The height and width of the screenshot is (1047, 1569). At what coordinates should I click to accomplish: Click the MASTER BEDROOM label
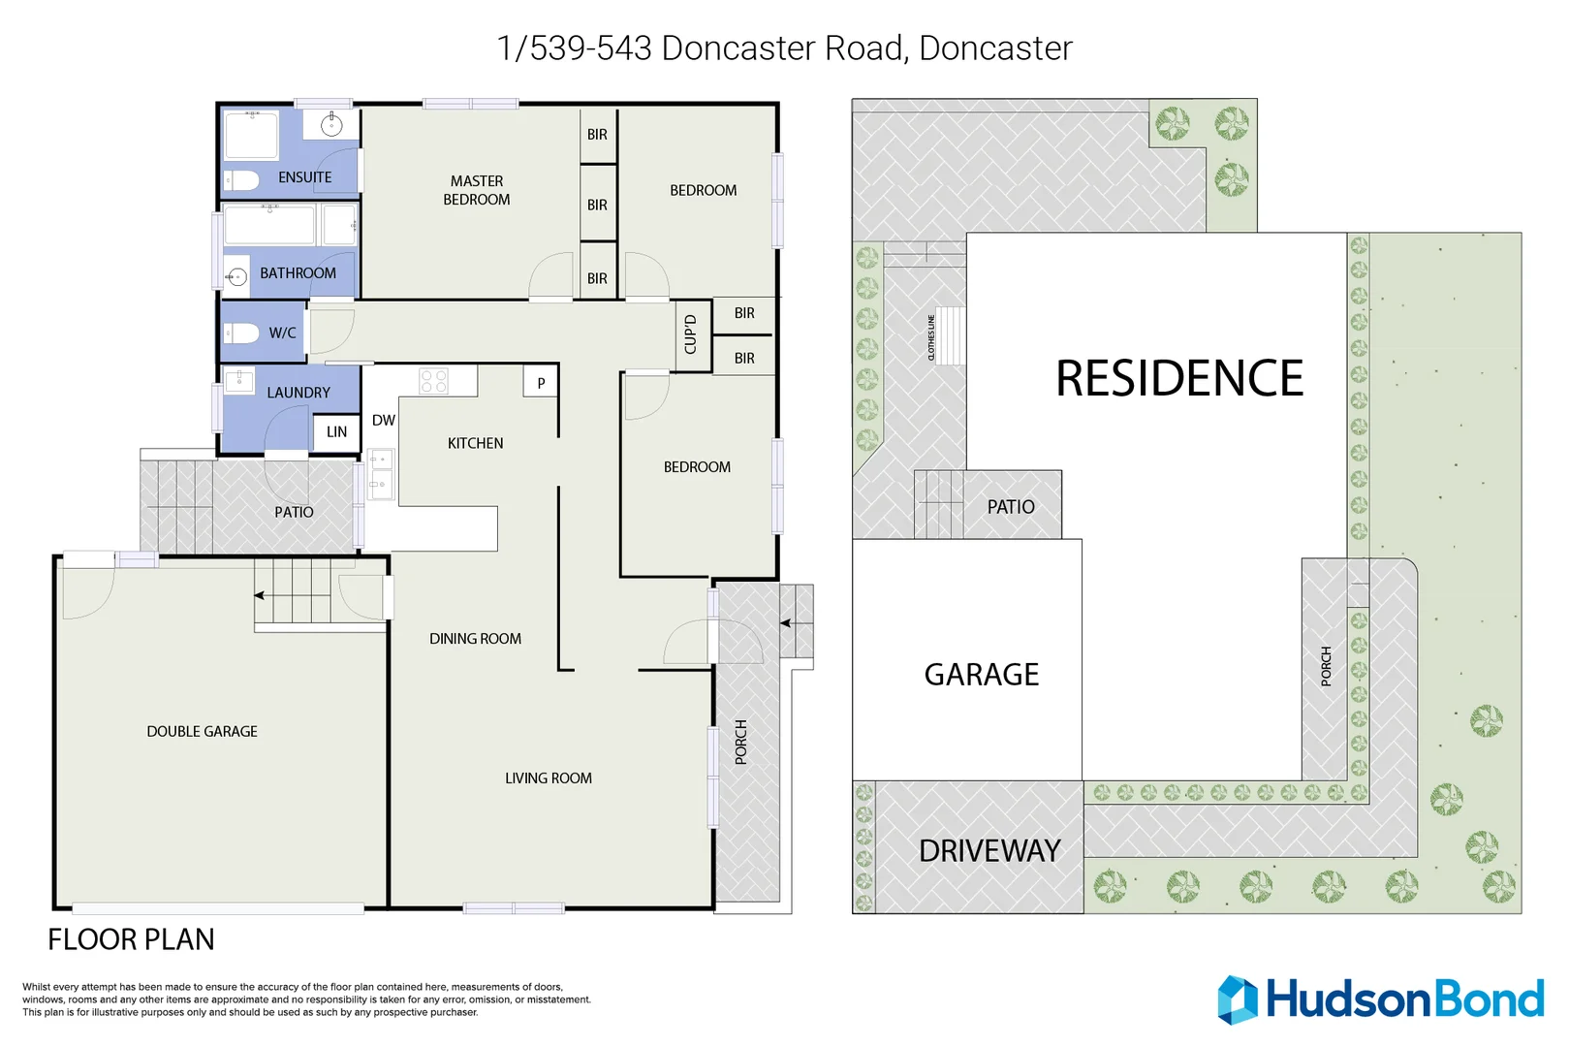[x=476, y=190]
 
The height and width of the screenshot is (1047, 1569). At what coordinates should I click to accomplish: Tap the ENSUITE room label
[x=304, y=177]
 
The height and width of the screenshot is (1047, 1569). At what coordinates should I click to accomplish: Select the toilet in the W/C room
[x=242, y=333]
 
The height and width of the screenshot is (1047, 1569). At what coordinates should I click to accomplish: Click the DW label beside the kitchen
[x=384, y=420]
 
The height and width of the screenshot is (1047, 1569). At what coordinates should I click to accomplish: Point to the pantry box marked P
[x=541, y=383]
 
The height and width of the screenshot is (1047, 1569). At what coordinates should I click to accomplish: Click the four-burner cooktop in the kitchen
[x=434, y=380]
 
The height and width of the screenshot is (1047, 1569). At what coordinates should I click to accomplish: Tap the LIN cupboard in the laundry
[x=336, y=432]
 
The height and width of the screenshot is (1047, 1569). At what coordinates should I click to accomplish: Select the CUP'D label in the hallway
[x=691, y=334]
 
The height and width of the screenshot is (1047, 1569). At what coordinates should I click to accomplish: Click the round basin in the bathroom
[x=235, y=277]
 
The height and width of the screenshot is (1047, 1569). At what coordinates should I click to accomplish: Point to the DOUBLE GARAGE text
[x=202, y=732]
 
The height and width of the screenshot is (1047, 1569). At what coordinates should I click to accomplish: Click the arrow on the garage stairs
[x=260, y=595]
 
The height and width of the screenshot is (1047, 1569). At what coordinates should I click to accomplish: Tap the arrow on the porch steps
[x=785, y=623]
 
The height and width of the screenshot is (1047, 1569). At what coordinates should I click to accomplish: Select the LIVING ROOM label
[x=548, y=778]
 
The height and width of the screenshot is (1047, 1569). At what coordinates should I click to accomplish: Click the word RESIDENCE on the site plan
[x=1178, y=378]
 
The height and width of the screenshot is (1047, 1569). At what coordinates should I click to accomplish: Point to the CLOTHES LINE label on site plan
[x=931, y=337]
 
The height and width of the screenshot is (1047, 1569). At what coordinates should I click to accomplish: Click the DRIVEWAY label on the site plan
[x=988, y=851]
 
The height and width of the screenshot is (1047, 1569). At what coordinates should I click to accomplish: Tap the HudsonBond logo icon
[x=1237, y=999]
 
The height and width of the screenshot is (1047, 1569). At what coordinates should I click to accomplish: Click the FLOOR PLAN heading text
[x=131, y=939]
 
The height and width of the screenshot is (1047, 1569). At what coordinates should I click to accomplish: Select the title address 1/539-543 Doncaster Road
[x=783, y=48]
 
